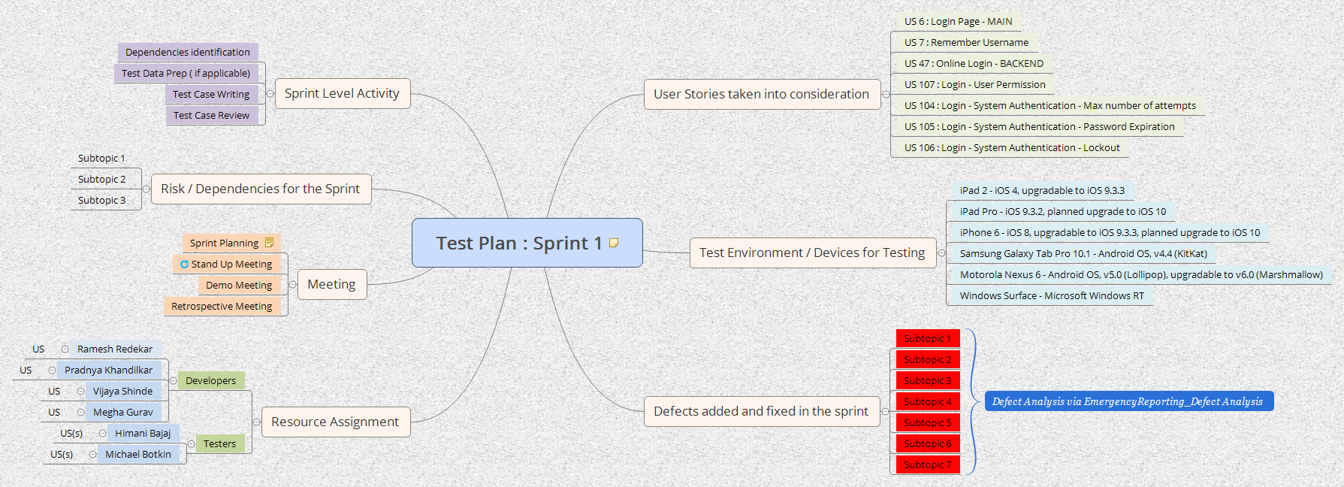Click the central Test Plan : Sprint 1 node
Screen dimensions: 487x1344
coord(518,243)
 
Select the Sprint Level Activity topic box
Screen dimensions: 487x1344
coord(342,94)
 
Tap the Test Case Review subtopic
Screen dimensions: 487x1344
coord(211,115)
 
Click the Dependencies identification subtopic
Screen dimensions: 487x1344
coord(188,52)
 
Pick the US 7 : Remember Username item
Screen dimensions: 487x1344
coord(966,43)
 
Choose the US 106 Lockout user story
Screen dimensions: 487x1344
coord(1012,148)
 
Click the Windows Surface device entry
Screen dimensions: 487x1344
coord(1052,295)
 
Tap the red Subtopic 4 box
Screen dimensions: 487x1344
coord(927,401)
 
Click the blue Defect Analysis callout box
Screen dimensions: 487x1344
coord(1128,401)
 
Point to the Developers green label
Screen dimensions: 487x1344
coord(210,380)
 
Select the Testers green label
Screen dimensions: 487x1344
coord(219,443)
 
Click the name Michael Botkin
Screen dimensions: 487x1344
coord(138,454)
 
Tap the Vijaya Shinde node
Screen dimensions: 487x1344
coord(122,391)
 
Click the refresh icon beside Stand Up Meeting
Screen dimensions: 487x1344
coord(184,264)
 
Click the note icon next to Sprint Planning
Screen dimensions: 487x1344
coord(269,243)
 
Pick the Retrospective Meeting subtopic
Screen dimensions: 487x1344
coord(222,306)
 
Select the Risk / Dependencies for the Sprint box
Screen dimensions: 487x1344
coord(260,189)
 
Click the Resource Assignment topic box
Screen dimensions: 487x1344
coord(335,422)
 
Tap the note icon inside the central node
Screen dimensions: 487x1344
coord(614,243)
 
